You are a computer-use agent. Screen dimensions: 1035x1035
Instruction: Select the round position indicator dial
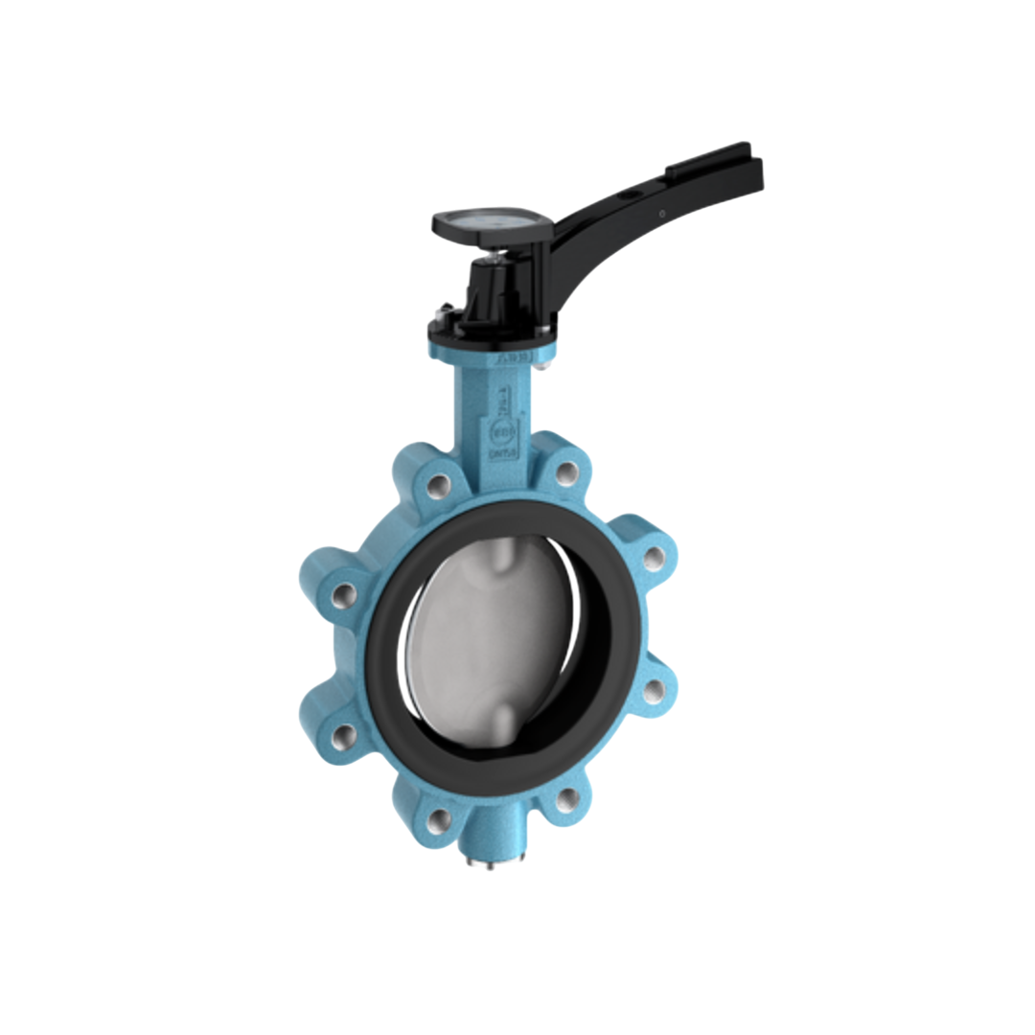(x=490, y=220)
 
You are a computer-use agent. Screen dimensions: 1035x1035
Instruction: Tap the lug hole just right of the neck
(x=567, y=472)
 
